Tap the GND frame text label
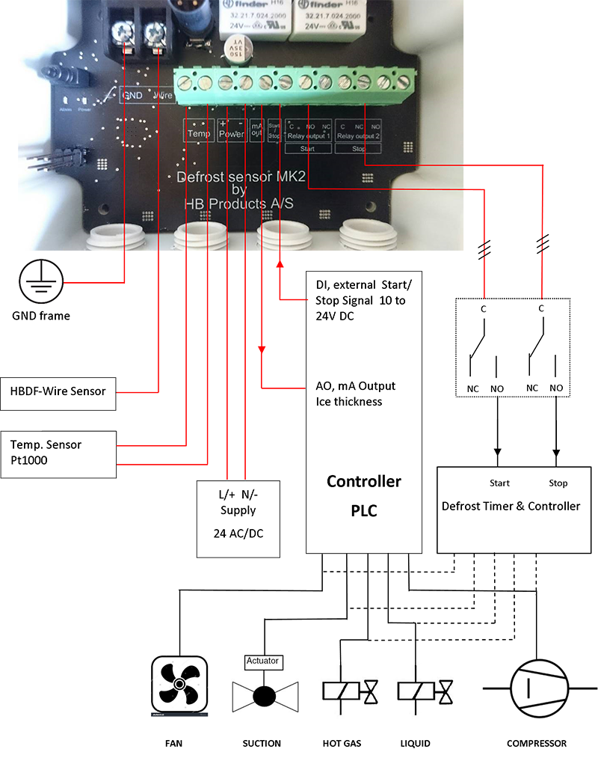pos(41,316)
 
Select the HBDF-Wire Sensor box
pos(58,391)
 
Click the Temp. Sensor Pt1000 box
pos(58,453)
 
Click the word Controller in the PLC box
pos(364,481)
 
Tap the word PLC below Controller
pos(364,511)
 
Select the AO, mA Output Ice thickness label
pos(356,394)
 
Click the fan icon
pos(179,684)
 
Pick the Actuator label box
pos(262,661)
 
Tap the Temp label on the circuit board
pos(199,134)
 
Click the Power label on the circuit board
pos(231,134)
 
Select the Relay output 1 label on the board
pos(307,136)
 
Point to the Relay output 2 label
pos(359,136)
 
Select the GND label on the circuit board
pos(132,96)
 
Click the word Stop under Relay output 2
pos(359,148)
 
